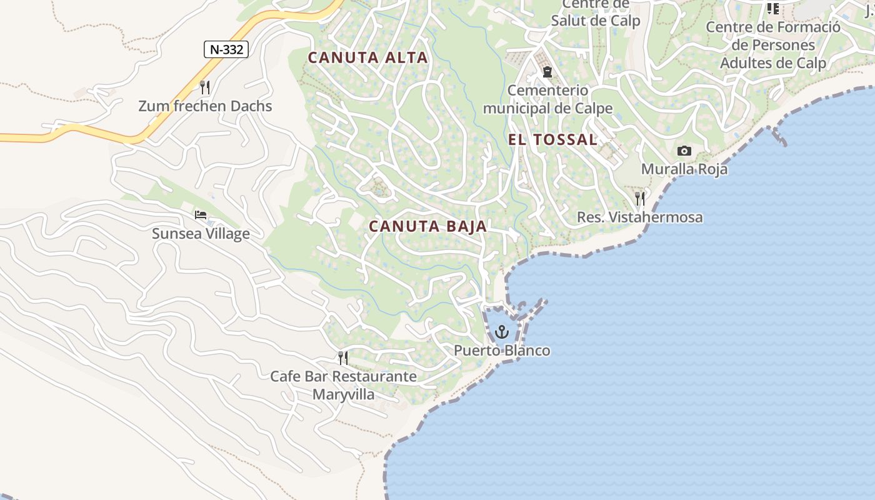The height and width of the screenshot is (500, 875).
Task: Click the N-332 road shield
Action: [226, 49]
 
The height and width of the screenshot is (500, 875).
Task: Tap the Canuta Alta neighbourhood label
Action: [367, 58]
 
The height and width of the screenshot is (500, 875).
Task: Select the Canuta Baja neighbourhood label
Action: [427, 226]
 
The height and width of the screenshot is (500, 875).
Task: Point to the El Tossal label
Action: [552, 140]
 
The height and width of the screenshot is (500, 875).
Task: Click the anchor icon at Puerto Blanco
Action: [502, 332]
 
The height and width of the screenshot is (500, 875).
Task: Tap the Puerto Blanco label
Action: [502, 351]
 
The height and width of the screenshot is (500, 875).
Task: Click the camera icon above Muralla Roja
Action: [684, 151]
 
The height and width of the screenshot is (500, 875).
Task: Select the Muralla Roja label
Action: [684, 169]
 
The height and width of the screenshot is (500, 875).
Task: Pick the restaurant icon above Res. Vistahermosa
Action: [639, 199]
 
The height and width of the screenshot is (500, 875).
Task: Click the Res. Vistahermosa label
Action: [639, 217]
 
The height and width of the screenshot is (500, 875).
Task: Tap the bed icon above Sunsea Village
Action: [201, 215]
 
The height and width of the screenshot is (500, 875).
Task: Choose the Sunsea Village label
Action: [201, 234]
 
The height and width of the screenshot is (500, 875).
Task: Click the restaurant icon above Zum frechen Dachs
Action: [204, 86]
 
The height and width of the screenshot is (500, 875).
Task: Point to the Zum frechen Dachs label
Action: [205, 106]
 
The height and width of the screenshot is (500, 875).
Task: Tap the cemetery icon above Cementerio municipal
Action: [547, 72]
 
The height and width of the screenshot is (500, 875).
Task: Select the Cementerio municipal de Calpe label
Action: [547, 99]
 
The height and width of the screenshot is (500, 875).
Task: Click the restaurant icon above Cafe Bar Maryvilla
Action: [342, 357]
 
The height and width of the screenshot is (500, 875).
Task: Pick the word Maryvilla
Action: [343, 394]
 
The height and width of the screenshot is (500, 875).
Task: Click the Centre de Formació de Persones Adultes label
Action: [773, 45]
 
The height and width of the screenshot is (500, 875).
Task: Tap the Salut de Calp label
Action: [595, 21]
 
